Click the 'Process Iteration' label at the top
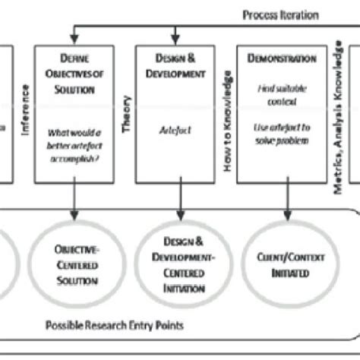tap(280, 15)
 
